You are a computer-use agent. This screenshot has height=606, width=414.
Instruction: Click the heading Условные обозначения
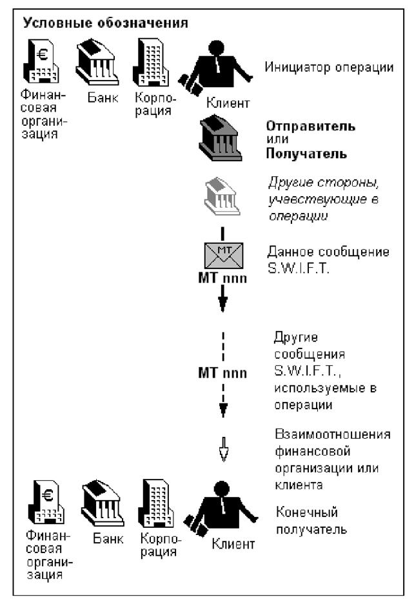[x=106, y=25]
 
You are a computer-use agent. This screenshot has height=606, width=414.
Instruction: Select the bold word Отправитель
[x=310, y=126]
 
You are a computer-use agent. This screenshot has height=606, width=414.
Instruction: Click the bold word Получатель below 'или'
[x=307, y=154]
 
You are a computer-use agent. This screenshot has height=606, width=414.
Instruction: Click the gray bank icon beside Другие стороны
[x=221, y=196]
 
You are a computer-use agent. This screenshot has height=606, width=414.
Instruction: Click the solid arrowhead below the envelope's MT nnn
[x=222, y=303]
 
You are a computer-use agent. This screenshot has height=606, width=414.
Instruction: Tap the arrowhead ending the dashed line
[x=222, y=410]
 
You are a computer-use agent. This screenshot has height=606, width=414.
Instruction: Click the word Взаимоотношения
[x=343, y=433]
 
